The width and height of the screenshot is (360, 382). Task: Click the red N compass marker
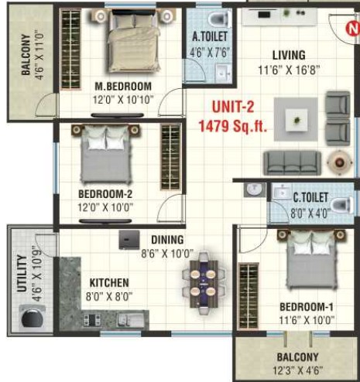click(x=353, y=28)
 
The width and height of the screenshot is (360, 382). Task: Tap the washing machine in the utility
click(x=33, y=316)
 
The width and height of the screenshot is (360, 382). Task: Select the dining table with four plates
click(x=204, y=283)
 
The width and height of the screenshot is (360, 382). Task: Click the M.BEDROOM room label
click(x=123, y=86)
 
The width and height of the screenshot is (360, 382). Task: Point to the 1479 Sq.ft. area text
click(x=232, y=126)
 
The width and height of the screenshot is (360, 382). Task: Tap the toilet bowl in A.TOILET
click(x=219, y=18)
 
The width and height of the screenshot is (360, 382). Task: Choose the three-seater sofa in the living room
click(x=292, y=162)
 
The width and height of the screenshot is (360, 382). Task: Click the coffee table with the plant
click(x=297, y=120)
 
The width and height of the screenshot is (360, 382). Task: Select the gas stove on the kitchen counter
click(x=91, y=320)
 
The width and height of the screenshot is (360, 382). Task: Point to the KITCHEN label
click(x=109, y=283)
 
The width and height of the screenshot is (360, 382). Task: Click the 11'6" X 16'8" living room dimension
click(x=289, y=70)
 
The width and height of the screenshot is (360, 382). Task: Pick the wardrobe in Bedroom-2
click(x=170, y=157)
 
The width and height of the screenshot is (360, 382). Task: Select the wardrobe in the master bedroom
click(x=70, y=49)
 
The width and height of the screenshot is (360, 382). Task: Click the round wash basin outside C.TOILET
click(x=255, y=189)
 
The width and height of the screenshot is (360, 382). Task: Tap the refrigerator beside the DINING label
click(x=129, y=240)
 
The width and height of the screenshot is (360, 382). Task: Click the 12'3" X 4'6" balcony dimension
click(x=297, y=370)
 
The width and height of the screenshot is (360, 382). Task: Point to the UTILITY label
click(x=22, y=273)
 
